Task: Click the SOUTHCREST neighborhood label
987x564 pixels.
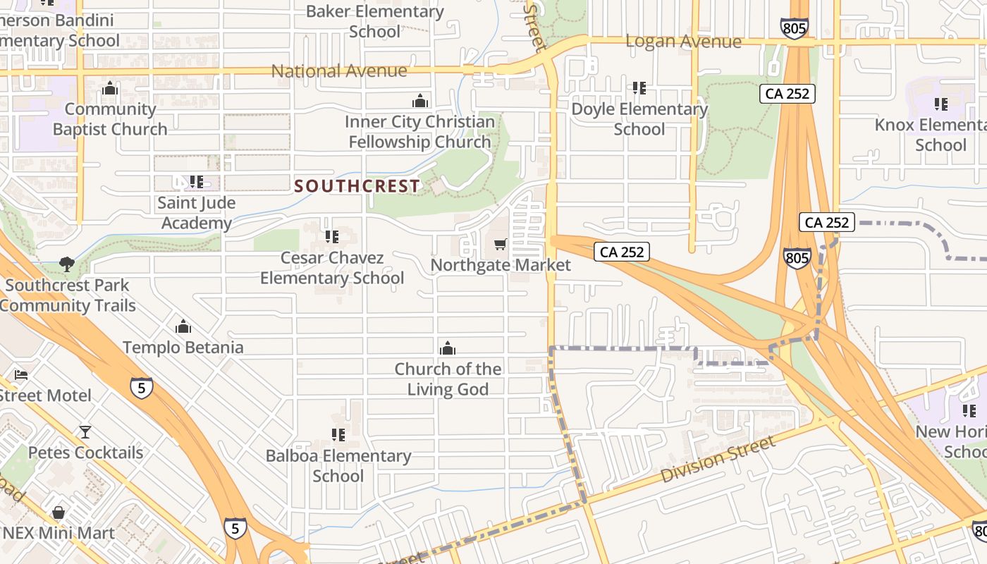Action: point(357,186)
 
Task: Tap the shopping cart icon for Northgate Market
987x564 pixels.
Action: point(500,245)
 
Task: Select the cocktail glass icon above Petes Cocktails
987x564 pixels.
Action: point(85,431)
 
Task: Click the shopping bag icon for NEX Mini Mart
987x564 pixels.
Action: point(59,512)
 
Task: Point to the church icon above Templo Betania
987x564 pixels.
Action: point(183,327)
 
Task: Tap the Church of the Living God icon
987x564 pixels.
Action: point(448,348)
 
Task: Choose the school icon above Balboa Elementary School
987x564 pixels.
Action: point(338,435)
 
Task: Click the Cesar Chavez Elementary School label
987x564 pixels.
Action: point(332,268)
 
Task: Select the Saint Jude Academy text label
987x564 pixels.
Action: point(196,213)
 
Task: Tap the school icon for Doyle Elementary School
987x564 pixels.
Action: point(639,88)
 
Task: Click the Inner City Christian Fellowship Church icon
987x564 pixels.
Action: point(420,101)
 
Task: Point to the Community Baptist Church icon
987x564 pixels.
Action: point(110,89)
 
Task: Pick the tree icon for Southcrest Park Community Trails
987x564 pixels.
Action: point(67,264)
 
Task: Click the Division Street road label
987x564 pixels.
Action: point(718,460)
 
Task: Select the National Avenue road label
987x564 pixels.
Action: point(339,71)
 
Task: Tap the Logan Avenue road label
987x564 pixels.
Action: point(683,42)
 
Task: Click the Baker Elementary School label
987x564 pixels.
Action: point(375,21)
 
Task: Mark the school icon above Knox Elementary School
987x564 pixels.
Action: point(941,104)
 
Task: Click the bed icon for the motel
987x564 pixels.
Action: point(21,374)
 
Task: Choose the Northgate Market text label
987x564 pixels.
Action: point(501,265)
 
